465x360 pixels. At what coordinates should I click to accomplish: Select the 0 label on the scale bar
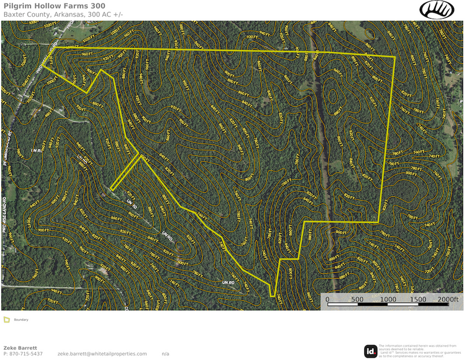[327, 299]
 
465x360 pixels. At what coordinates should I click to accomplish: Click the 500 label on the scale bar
[357, 299]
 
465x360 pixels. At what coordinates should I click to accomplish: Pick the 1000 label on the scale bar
[388, 299]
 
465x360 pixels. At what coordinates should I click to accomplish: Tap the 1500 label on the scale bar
[418, 299]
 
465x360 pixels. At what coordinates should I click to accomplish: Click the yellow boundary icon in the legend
[6, 320]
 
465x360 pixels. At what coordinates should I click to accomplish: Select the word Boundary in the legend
[21, 320]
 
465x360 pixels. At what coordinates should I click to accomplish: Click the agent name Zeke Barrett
[20, 348]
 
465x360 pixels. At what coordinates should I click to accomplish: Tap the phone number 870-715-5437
[26, 354]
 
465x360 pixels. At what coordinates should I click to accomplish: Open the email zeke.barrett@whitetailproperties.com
[102, 354]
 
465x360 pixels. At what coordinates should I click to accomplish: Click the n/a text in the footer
[165, 354]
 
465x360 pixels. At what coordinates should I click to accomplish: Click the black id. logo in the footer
[371, 351]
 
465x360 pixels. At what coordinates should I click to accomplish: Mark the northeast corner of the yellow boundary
[395, 57]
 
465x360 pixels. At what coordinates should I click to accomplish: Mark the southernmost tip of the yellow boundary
[272, 297]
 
